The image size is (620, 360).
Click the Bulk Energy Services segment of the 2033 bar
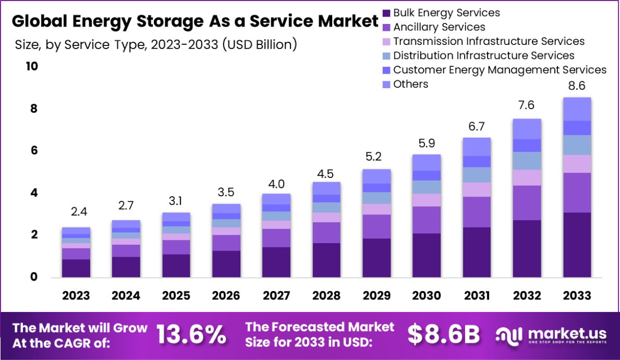coord(577,245)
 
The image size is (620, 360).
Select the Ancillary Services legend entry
coord(439,27)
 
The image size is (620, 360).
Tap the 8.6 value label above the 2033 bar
coord(577,86)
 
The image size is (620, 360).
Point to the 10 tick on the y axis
coord(31,67)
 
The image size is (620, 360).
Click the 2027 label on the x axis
coord(276,296)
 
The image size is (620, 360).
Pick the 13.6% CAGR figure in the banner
coord(192,334)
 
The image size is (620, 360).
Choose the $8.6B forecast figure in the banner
coord(443,334)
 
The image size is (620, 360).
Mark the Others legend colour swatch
coord(386,85)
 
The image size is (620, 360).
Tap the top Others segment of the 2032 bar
coord(527,129)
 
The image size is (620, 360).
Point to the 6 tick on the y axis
coord(33,151)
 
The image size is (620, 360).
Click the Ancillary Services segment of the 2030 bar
coord(427,220)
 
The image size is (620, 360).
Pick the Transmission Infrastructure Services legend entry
coord(489,41)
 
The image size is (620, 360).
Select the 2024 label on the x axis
coord(126,296)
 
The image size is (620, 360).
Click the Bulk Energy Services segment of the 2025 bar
coord(176,266)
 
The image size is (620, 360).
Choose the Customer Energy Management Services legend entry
coord(500,70)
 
